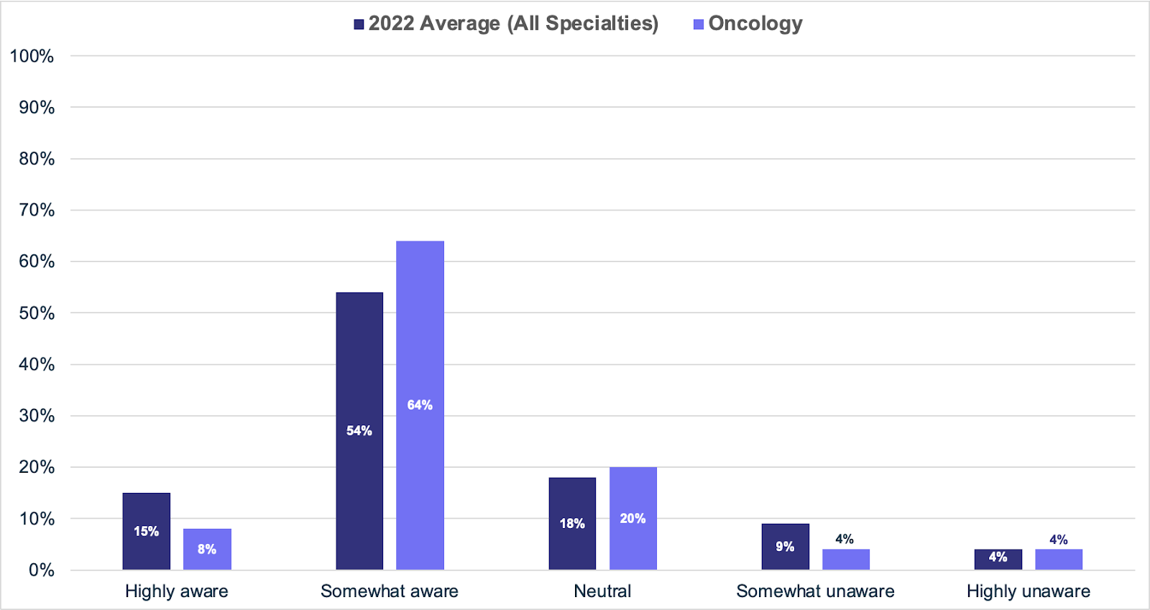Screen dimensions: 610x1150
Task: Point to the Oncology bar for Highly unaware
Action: click(x=1058, y=560)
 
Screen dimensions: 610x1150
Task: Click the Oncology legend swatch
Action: click(x=698, y=24)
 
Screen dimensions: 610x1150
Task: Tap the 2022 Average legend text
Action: click(x=513, y=24)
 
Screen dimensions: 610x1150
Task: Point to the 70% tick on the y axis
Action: click(x=37, y=210)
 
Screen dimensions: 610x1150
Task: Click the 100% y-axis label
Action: click(x=32, y=56)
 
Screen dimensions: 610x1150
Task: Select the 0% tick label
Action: click(x=42, y=570)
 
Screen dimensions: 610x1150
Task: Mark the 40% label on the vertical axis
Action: click(x=37, y=364)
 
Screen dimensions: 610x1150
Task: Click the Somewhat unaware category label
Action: click(x=815, y=591)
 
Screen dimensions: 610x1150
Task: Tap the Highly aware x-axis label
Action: click(x=176, y=591)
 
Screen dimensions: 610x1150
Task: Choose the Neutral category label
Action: click(x=602, y=591)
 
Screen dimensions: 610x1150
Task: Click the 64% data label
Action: click(x=420, y=405)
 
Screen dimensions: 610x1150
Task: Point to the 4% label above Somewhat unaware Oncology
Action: click(x=845, y=539)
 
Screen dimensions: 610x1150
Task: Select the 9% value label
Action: click(x=785, y=547)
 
